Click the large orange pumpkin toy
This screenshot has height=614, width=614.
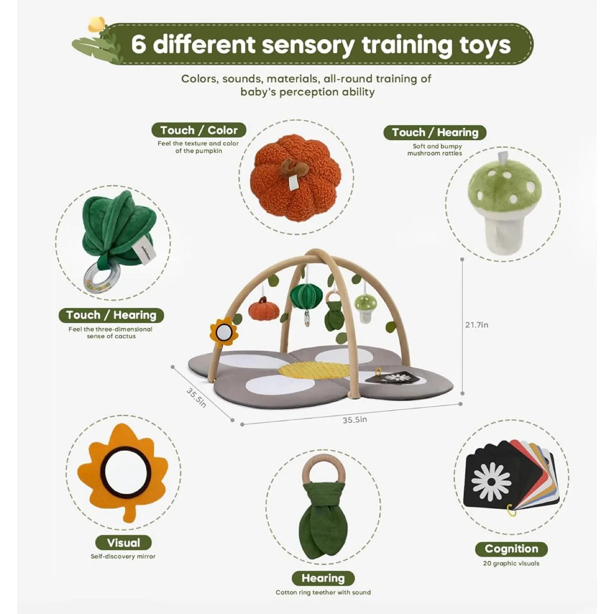tap(293, 178)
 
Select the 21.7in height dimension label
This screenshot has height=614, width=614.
tap(476, 324)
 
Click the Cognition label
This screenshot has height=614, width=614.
tap(511, 549)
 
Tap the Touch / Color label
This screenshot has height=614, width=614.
tap(199, 130)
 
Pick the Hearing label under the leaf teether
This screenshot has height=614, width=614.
tap(323, 578)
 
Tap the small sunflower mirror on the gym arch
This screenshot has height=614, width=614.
tap(223, 333)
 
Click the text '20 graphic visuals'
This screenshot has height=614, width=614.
tap(511, 563)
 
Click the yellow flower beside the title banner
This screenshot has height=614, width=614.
tap(96, 25)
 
